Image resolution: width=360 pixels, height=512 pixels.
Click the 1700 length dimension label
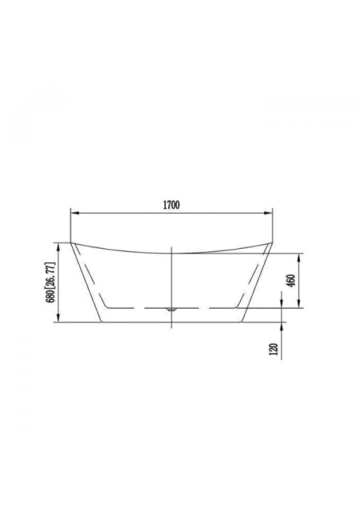pyautogui.click(x=171, y=205)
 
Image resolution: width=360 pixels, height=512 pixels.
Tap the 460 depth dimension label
pyautogui.click(x=291, y=281)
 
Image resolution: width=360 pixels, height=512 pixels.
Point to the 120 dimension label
pyautogui.click(x=274, y=349)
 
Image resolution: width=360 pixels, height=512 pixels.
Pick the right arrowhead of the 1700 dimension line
pyautogui.click(x=268, y=214)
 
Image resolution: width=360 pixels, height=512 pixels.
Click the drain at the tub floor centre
pyautogui.click(x=171, y=309)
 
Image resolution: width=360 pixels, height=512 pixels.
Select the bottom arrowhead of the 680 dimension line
pyautogui.click(x=58, y=318)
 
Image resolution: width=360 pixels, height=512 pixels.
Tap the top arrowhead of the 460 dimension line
pyautogui.click(x=298, y=258)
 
